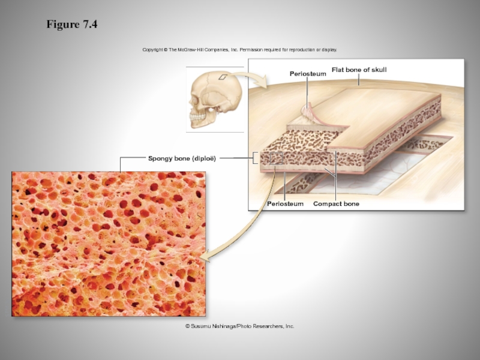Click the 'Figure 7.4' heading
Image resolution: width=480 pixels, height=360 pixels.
click(72, 25)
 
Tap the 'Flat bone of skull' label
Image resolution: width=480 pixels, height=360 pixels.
click(359, 70)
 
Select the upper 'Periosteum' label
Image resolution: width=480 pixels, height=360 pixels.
click(308, 74)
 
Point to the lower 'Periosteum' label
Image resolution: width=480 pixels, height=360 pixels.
click(285, 204)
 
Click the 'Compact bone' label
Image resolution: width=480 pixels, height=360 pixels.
click(336, 204)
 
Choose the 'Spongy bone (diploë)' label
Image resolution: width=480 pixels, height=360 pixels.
click(182, 158)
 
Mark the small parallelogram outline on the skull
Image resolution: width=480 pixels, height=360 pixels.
click(223, 77)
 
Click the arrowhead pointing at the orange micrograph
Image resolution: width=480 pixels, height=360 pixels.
click(205, 257)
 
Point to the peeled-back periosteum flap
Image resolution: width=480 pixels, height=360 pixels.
click(308, 111)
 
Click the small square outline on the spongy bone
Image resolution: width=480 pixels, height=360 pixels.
click(276, 158)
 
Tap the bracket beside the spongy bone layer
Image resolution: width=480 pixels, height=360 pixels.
click(256, 158)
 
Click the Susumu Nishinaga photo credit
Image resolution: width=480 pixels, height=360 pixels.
click(240, 326)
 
